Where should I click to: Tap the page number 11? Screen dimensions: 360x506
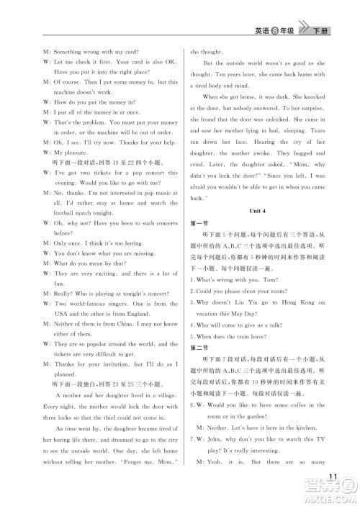point(333,476)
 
